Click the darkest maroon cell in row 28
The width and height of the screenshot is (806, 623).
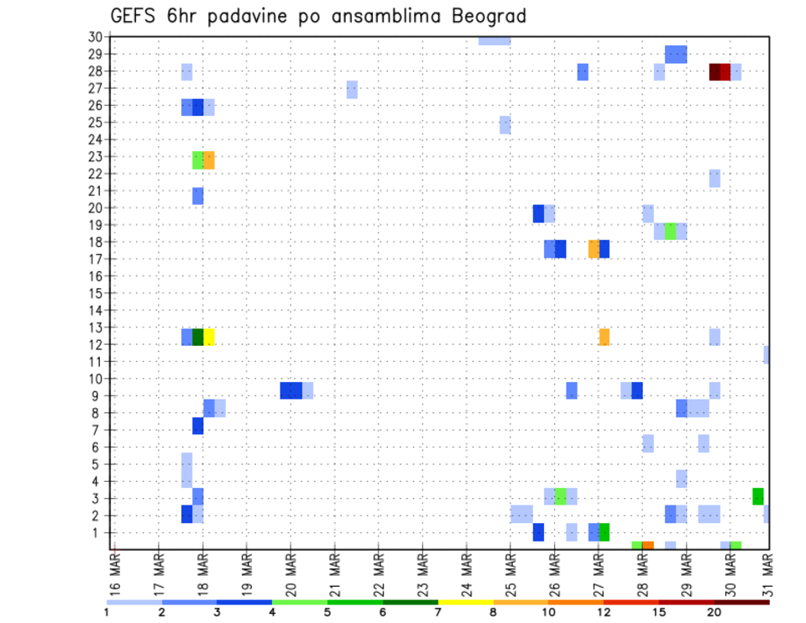[x=714, y=72]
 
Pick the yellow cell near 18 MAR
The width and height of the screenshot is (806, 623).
[x=209, y=337]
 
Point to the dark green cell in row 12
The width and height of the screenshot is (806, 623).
[x=198, y=337]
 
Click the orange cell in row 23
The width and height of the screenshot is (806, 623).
[x=209, y=160]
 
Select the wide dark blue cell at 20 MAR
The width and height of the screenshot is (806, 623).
[x=291, y=390]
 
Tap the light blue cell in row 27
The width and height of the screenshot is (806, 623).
[x=352, y=90]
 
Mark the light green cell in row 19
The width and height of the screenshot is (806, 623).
[x=670, y=231]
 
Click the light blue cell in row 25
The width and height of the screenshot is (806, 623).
[x=505, y=124]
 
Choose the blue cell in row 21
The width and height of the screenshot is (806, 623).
[x=198, y=196]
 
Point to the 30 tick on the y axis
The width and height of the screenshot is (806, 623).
[x=95, y=36]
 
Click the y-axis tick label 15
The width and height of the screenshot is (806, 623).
[x=95, y=293]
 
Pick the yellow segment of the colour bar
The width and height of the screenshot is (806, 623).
[x=465, y=601]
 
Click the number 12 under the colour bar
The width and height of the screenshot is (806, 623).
[x=604, y=612]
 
